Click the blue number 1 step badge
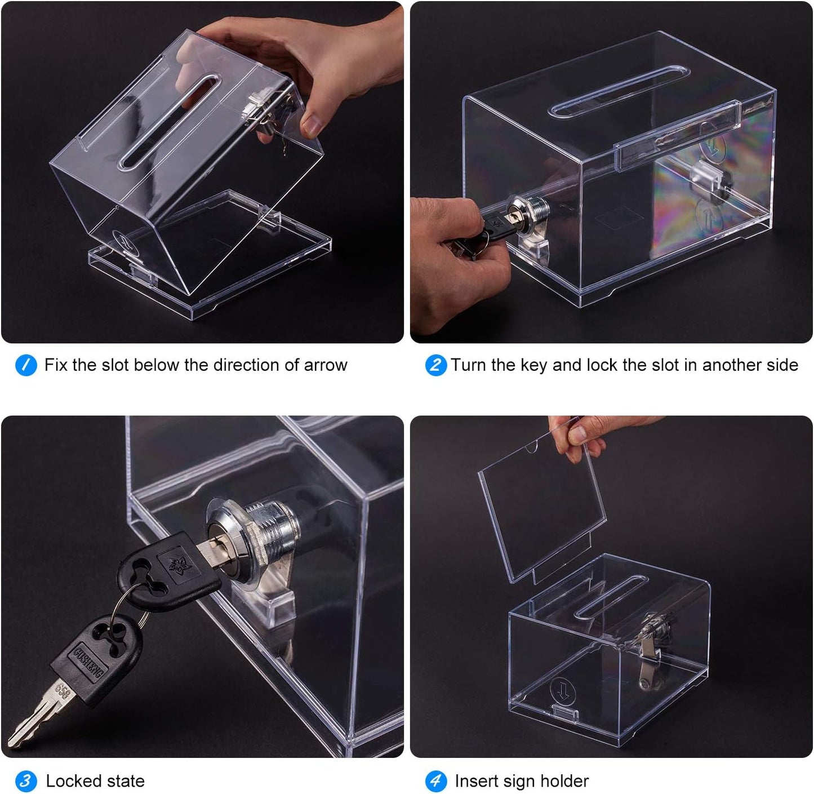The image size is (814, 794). [26, 365]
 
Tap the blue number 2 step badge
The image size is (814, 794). [435, 365]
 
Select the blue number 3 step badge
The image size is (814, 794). [26, 781]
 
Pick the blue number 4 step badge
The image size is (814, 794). [435, 781]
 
